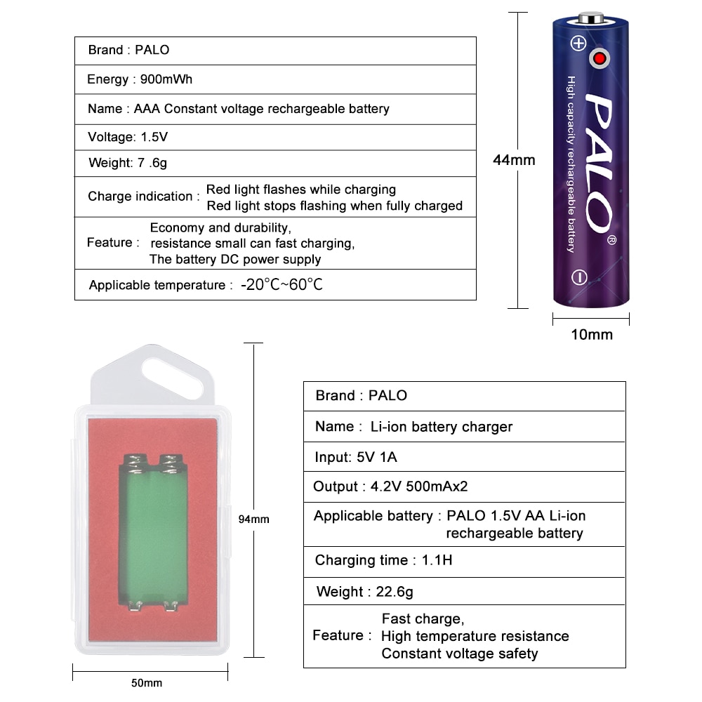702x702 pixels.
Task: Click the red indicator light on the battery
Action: coord(600,58)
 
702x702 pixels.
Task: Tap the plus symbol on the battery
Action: coord(578,44)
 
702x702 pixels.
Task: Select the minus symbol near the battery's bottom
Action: coord(579,277)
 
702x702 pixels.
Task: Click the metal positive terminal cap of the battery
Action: coord(591,18)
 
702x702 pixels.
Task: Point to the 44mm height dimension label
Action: coord(514,160)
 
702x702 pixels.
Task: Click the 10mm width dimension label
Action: coord(591,334)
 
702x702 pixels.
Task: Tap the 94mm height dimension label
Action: coord(254,519)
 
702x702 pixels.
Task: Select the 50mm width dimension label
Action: coord(147,683)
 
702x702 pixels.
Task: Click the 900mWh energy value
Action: coord(166,79)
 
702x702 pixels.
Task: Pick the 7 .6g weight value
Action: coord(152,163)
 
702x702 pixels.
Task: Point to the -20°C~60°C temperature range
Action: coord(282,284)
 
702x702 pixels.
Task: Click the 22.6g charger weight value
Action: coord(395,592)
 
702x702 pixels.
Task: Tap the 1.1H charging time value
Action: coord(437,560)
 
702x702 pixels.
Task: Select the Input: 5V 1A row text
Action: coord(356,457)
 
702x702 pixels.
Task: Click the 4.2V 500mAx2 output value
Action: coord(419,486)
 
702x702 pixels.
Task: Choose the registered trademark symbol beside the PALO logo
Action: coord(611,240)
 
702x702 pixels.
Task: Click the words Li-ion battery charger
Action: coord(442,427)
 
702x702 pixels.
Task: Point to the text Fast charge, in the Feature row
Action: coord(423,618)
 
